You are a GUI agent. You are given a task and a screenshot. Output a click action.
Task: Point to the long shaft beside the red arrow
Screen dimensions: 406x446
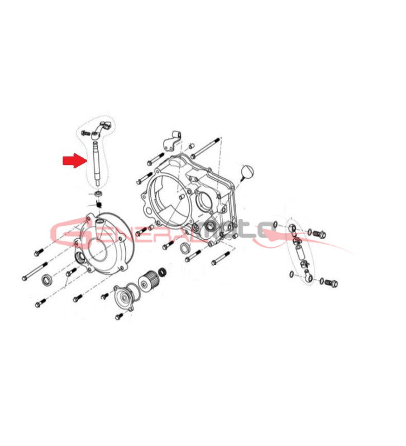[96, 163]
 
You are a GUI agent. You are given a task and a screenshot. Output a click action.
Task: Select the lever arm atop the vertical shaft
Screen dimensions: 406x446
[101, 129]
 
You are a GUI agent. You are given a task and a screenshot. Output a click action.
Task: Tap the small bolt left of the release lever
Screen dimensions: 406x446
[85, 133]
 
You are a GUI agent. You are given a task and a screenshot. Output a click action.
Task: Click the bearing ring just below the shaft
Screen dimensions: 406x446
[99, 193]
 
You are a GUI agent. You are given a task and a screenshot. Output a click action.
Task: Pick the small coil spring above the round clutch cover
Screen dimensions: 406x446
[99, 204]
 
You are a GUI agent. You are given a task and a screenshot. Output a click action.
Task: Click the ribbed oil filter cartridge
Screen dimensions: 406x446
[149, 279]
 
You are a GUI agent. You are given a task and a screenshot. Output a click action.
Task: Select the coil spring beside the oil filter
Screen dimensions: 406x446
[163, 272]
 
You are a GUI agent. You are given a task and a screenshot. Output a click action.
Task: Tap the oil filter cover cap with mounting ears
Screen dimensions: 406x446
[124, 298]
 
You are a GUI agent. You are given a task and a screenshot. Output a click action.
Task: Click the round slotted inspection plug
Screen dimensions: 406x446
[247, 172]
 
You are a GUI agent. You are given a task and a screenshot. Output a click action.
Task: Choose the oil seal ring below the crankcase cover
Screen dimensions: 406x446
[185, 248]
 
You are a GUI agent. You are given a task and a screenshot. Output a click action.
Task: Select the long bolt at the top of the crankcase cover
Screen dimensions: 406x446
[206, 147]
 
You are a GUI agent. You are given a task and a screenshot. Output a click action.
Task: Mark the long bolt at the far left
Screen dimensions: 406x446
[35, 272]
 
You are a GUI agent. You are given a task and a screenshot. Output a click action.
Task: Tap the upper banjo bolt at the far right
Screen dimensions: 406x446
[319, 234]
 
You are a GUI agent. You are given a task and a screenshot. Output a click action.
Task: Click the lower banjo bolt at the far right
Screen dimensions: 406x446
[331, 283]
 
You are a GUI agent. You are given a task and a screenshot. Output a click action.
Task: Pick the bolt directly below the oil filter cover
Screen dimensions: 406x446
[119, 316]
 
